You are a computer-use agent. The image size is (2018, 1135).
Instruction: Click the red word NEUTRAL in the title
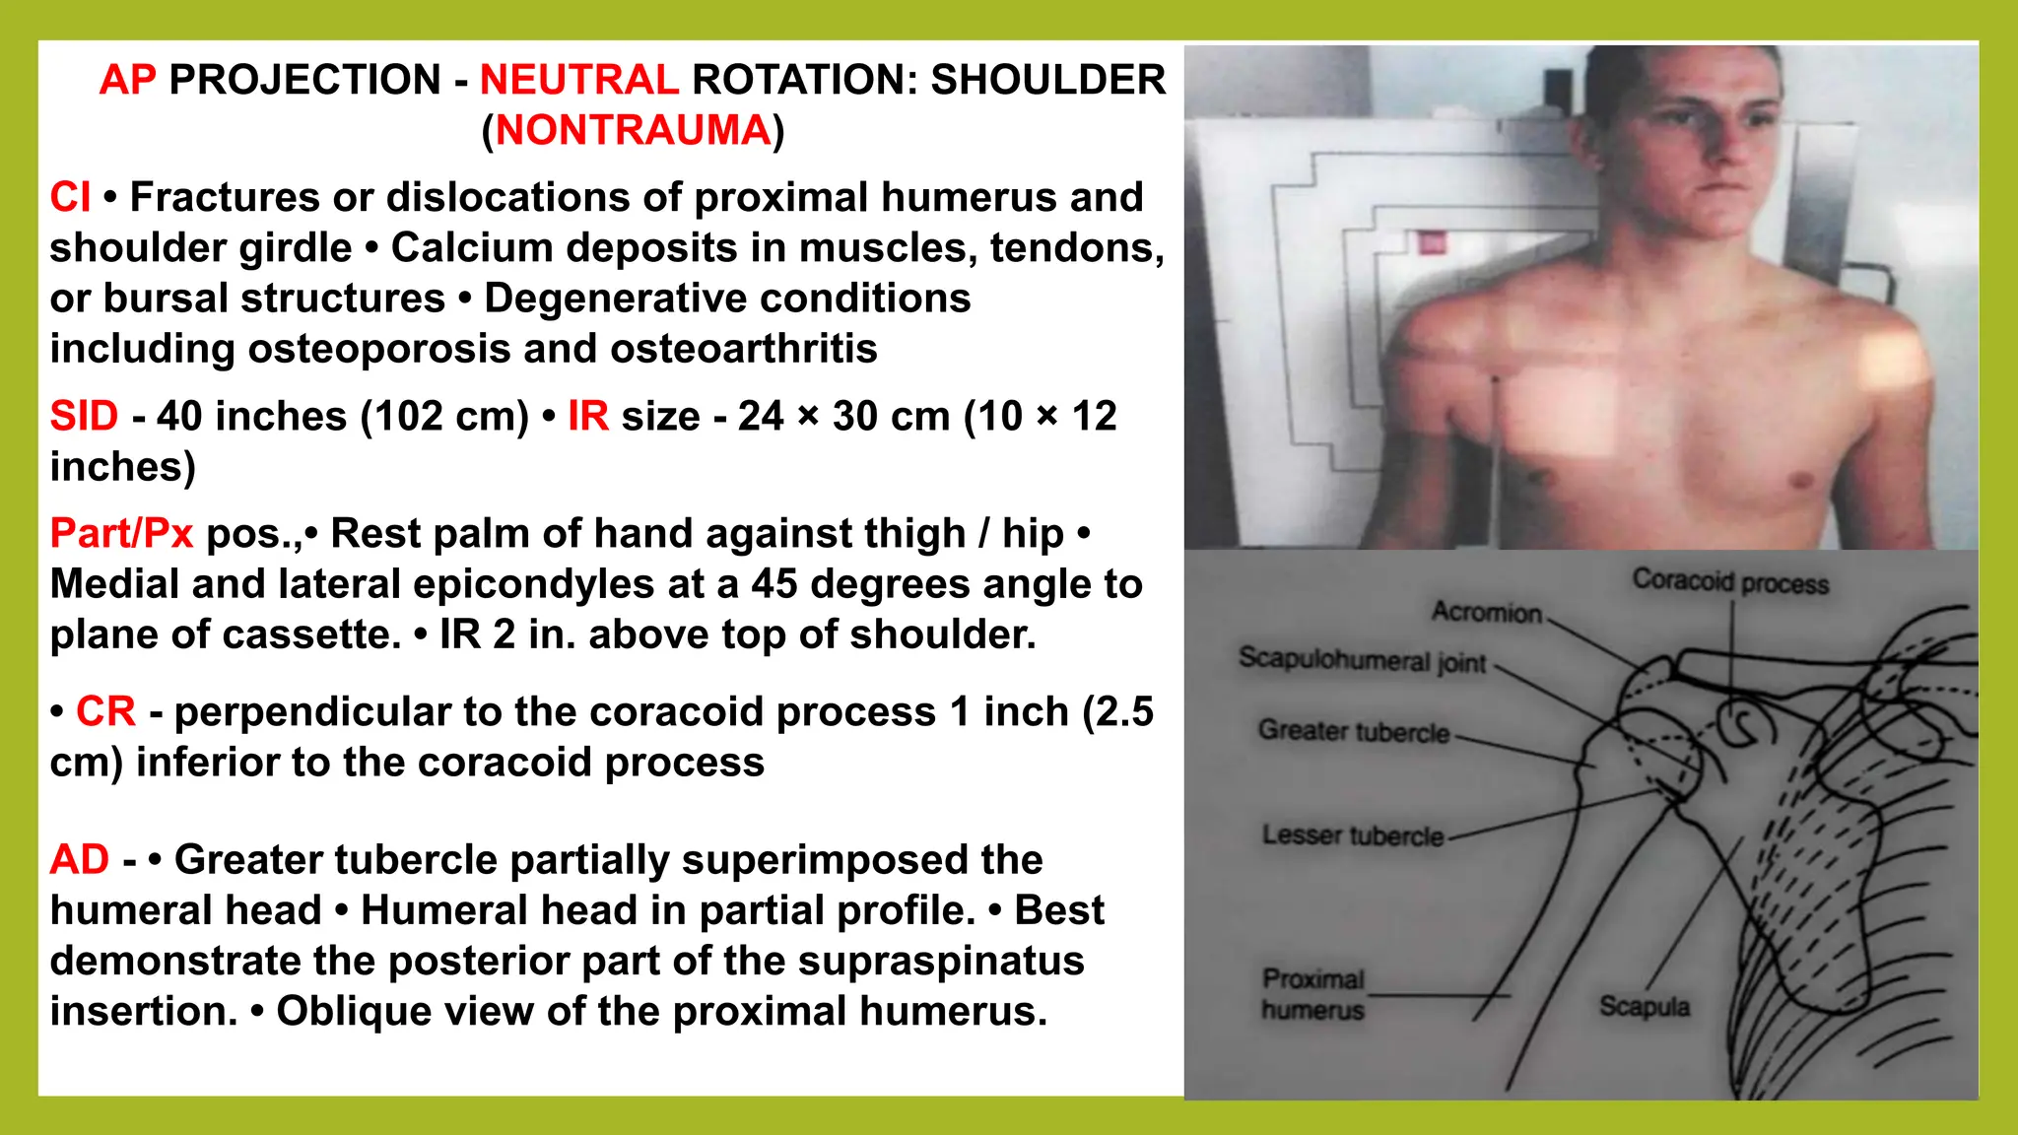[578, 80]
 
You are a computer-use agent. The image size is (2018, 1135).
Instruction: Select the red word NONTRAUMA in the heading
[633, 130]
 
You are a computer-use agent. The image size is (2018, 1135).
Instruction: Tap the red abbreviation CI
[70, 197]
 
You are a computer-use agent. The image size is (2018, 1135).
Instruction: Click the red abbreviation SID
[84, 416]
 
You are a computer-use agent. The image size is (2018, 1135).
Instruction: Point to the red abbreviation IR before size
[587, 416]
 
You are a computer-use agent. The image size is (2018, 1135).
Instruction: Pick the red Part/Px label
[121, 533]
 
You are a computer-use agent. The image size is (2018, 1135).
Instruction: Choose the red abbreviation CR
[105, 711]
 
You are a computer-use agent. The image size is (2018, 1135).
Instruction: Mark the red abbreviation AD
[79, 859]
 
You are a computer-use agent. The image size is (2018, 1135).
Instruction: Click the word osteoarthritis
[744, 349]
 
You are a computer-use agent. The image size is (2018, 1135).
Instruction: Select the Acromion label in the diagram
[1486, 612]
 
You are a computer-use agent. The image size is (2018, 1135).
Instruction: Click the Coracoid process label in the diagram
[1730, 581]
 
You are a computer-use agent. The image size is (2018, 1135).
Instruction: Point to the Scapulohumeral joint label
[1362, 659]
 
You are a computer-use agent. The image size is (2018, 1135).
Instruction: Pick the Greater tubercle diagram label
[1354, 731]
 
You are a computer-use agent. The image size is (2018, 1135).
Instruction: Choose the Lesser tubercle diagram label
[1352, 835]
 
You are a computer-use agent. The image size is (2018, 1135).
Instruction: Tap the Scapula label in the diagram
[1645, 1006]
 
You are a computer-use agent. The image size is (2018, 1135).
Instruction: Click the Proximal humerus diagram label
[1312, 994]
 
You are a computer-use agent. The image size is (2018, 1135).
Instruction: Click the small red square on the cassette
[1432, 242]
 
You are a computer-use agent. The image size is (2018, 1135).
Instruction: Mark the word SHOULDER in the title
[1047, 80]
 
